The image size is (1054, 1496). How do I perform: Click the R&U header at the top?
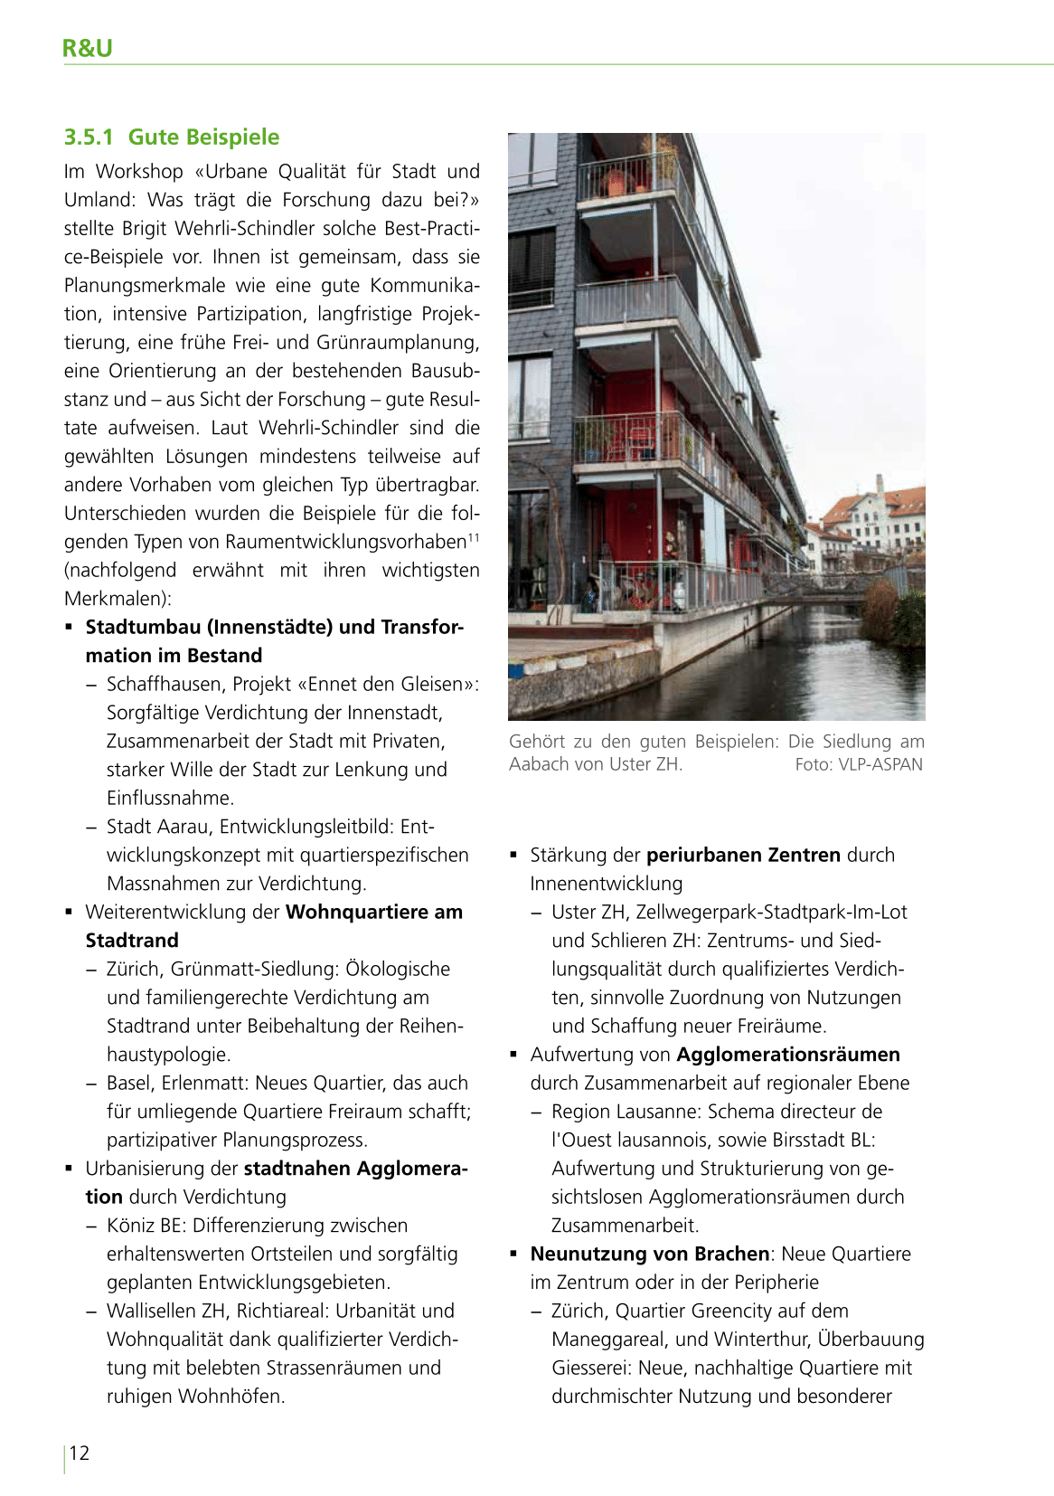pyautogui.click(x=87, y=48)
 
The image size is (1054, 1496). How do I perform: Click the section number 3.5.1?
pyautogui.click(x=89, y=137)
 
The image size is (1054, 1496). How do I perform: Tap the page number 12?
pyautogui.click(x=80, y=1453)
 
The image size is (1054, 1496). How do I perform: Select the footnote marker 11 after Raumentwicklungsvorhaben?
pyautogui.click(x=473, y=538)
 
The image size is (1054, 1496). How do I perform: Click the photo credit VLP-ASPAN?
pyautogui.click(x=880, y=764)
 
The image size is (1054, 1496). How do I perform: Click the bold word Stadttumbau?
pyautogui.click(x=145, y=628)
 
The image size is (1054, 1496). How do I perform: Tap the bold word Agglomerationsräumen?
pyautogui.click(x=787, y=1055)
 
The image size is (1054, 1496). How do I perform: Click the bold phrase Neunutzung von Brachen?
pyautogui.click(x=650, y=1254)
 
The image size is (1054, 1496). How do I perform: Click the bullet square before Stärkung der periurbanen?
pyautogui.click(x=513, y=855)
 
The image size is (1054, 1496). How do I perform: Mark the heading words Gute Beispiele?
pyautogui.click(x=203, y=137)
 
